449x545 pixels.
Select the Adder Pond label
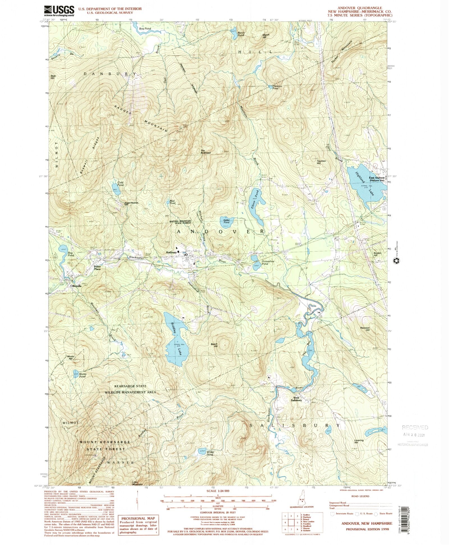[x=226, y=221]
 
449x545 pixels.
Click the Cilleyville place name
[x=76, y=286]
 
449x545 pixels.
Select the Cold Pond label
[x=120, y=184]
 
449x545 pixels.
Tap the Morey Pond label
[x=83, y=375]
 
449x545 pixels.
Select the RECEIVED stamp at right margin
[x=415, y=428]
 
